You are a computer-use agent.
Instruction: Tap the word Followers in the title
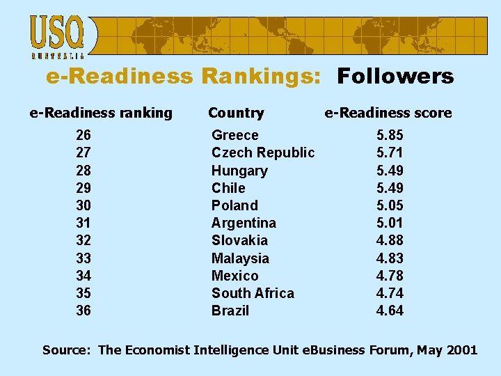(395, 77)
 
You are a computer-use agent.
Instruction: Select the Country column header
(236, 113)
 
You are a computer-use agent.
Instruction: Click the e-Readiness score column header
(388, 113)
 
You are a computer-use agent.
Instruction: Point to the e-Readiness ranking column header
(101, 113)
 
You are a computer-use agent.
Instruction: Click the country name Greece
(234, 135)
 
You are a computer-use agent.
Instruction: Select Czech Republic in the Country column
(263, 152)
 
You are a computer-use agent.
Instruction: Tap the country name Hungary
(239, 171)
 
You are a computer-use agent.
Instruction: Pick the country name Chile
(228, 188)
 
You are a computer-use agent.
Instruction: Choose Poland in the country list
(234, 205)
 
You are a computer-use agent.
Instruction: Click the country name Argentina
(244, 223)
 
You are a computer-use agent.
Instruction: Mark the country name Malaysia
(240, 258)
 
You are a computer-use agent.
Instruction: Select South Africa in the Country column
(253, 293)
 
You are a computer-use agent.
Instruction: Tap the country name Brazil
(230, 311)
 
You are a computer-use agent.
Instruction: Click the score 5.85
(390, 135)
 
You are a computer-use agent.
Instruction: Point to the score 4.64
(390, 311)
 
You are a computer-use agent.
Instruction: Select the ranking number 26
(83, 135)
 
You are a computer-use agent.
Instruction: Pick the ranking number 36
(83, 311)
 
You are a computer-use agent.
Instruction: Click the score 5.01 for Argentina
(390, 223)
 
